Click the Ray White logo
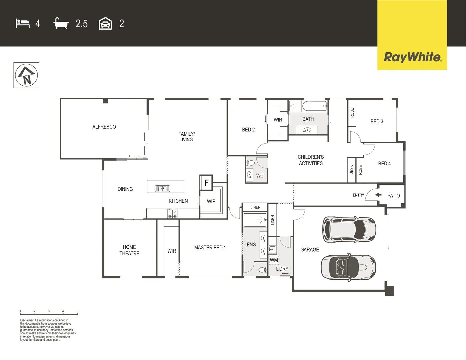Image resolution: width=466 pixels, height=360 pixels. (412, 57)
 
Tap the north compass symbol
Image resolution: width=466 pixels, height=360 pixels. (26, 75)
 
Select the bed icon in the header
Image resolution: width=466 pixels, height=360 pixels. (23, 23)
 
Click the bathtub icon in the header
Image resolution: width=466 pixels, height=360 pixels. (61, 23)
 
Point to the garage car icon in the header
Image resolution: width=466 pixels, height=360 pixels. (105, 23)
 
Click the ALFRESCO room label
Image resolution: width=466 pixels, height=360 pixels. (104, 127)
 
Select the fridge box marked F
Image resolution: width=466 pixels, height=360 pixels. (206, 183)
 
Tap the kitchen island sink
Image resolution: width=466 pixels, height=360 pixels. (162, 188)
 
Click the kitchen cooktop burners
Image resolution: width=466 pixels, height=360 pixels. (172, 214)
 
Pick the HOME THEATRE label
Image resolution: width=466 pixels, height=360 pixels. (129, 250)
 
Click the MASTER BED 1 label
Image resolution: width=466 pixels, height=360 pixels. (210, 247)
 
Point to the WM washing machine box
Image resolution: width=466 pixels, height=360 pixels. (274, 260)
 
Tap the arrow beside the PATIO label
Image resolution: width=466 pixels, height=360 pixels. (378, 195)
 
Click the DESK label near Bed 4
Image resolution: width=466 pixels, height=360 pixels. (351, 170)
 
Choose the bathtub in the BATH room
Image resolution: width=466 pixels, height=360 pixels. (315, 107)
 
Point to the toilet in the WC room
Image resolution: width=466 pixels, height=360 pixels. (251, 163)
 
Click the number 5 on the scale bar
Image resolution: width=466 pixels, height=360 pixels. (77, 311)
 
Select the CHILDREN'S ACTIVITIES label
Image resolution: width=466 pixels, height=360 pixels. (311, 160)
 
